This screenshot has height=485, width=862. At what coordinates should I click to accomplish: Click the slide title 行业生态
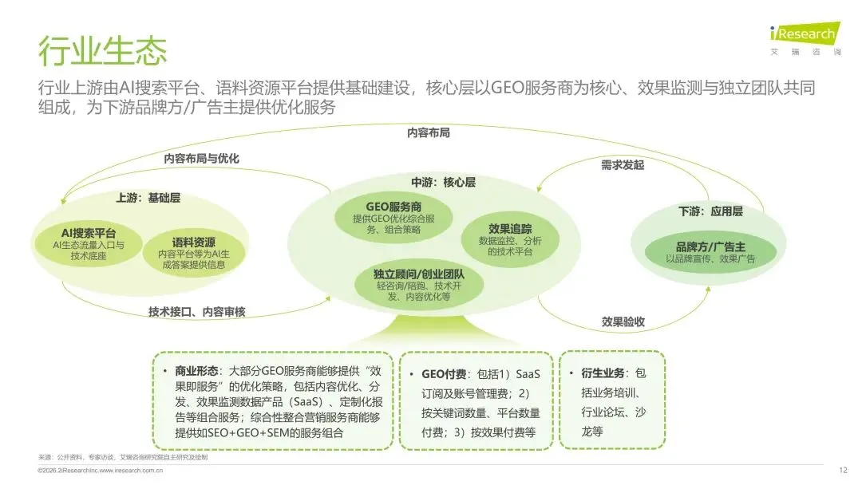click(x=103, y=51)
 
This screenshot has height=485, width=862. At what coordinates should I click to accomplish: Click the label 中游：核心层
click(x=443, y=182)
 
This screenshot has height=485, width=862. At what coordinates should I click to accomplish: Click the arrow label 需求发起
click(x=622, y=165)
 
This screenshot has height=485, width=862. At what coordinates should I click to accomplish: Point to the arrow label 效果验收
click(x=623, y=321)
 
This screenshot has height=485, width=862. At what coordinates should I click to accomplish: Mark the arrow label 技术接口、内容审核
click(x=196, y=311)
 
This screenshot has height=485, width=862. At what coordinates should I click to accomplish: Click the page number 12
click(x=843, y=471)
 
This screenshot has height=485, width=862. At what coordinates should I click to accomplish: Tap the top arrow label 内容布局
click(x=429, y=132)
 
